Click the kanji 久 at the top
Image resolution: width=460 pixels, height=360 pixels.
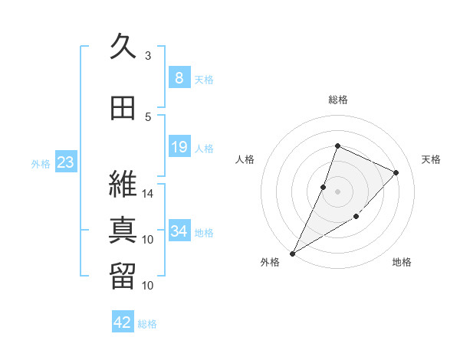(x=123, y=46)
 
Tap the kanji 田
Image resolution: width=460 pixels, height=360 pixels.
(x=123, y=108)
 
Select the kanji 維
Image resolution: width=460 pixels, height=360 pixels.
(x=123, y=184)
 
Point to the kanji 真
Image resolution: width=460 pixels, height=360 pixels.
(x=123, y=230)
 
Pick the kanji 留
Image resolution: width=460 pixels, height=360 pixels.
(x=123, y=277)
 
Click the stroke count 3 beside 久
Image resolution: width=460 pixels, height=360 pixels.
(x=148, y=55)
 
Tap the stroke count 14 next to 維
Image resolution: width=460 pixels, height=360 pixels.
(x=147, y=194)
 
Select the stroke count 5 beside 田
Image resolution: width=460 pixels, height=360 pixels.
(x=148, y=117)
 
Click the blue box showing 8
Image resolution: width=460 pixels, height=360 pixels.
(x=179, y=77)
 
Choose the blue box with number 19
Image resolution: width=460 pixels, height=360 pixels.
(x=179, y=146)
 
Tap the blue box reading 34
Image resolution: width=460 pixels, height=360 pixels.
(x=179, y=230)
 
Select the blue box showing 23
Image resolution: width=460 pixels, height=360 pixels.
(x=66, y=162)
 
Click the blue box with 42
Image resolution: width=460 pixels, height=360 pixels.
(x=123, y=321)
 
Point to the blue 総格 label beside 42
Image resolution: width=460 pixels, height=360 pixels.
(x=147, y=324)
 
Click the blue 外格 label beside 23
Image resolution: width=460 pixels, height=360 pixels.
(x=41, y=164)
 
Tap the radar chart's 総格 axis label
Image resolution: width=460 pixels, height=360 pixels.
(x=338, y=100)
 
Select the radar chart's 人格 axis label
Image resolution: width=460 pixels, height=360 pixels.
(x=245, y=159)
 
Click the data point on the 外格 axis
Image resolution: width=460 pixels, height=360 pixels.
(x=292, y=254)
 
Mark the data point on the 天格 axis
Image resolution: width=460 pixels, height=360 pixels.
(x=396, y=172)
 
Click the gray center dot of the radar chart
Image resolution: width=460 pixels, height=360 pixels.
(x=337, y=191)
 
